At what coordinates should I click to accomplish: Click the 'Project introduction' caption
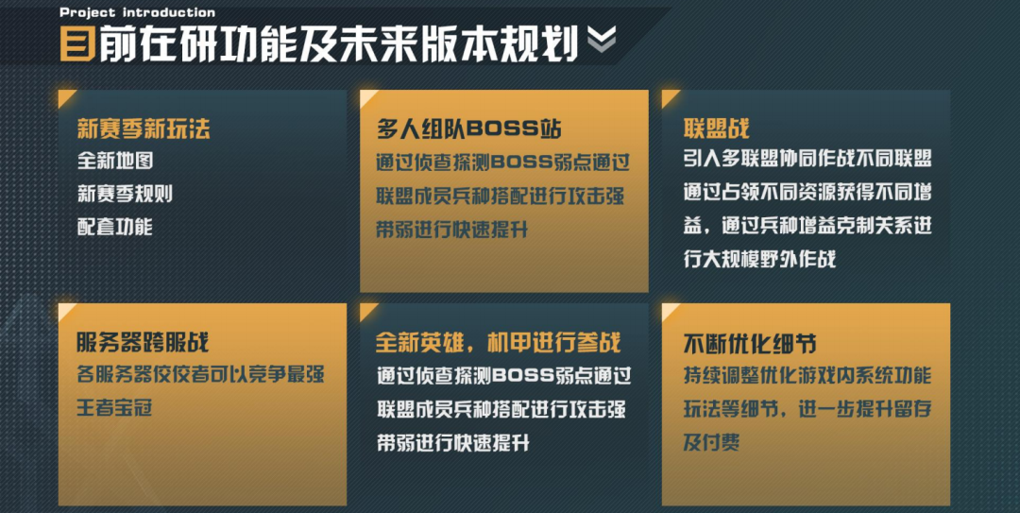coord(137,12)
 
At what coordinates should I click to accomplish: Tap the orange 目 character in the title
coord(77,43)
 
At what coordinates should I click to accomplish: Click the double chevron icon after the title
coord(602,40)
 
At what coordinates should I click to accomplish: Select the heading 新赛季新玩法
coord(144,129)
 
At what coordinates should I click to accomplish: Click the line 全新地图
coord(115,162)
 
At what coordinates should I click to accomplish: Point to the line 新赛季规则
coord(125,195)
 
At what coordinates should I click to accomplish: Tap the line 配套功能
coord(115,227)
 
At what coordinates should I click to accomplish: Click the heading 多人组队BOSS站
coord(469,129)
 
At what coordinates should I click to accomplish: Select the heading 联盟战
coord(716,129)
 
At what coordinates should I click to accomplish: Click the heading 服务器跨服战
coord(144,342)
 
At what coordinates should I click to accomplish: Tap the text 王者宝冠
coord(115,408)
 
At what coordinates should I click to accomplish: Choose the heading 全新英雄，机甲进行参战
coord(498,342)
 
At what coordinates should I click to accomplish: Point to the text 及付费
coord(711,441)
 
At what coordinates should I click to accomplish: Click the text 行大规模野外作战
coord(760,259)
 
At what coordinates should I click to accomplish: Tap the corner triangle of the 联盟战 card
coord(670,97)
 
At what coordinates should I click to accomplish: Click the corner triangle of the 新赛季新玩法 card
coord(64,97)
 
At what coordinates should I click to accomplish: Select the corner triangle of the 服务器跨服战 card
coord(64,310)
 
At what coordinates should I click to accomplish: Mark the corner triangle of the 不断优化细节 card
coord(670,310)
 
